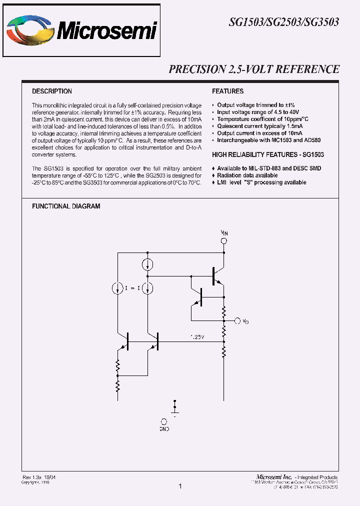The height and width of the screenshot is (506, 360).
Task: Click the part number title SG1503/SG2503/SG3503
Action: click(284, 22)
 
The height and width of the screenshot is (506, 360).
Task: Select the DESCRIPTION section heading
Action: click(52, 91)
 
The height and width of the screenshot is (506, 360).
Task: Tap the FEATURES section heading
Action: click(228, 91)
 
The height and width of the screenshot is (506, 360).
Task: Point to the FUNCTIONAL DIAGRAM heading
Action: click(66, 206)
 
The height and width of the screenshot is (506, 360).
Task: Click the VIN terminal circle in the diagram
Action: click(224, 241)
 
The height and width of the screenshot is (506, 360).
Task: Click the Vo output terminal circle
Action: click(238, 320)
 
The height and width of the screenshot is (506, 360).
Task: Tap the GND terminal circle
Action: click(164, 421)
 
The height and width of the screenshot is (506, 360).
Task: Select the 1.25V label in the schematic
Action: click(197, 337)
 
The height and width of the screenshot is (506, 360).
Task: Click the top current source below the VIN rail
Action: click(148, 264)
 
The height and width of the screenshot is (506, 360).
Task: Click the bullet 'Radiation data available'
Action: click(247, 175)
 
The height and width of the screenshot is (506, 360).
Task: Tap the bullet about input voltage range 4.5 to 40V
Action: click(258, 112)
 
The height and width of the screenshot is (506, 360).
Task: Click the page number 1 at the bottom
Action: click(180, 486)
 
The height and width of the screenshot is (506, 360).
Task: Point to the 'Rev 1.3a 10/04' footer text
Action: click(39, 477)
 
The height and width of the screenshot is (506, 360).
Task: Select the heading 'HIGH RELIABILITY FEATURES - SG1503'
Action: click(268, 155)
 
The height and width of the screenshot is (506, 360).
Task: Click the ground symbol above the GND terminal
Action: click(175, 406)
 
